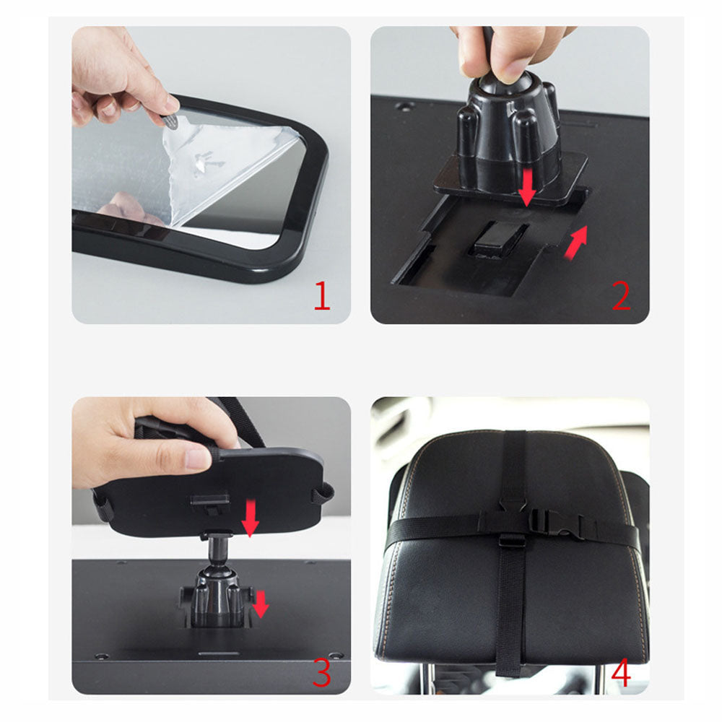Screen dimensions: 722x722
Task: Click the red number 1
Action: coord(321,296)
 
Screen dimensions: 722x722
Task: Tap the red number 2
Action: coord(621,296)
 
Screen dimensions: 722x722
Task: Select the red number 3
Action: coord(321,671)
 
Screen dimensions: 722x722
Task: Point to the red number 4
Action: coord(621,673)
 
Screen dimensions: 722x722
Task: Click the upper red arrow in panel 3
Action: coord(250,519)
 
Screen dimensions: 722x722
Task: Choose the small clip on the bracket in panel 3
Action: coord(209,502)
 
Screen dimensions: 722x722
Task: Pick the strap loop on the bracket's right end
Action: coord(323,494)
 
